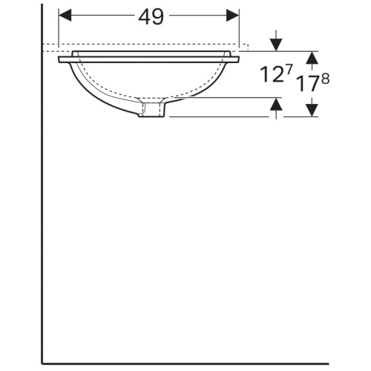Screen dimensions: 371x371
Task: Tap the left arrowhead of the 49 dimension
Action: click(x=65, y=15)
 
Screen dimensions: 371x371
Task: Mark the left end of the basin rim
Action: click(x=61, y=58)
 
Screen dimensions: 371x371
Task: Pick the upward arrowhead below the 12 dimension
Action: click(x=276, y=105)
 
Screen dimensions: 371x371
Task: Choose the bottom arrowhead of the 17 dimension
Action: click(x=312, y=110)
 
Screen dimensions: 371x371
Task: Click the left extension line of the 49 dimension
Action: click(x=59, y=30)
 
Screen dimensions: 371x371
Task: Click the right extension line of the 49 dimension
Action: click(x=240, y=30)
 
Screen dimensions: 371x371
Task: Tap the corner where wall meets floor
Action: click(x=42, y=363)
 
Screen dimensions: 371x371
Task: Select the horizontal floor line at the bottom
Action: click(x=200, y=363)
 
